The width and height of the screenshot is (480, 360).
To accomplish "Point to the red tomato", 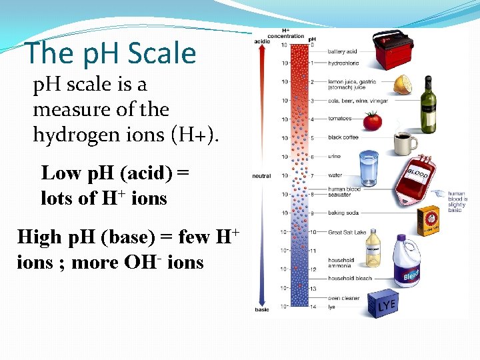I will [x=372, y=121].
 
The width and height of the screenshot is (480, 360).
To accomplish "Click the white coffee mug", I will [x=405, y=143].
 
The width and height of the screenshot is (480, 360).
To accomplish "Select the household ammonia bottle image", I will [x=373, y=246].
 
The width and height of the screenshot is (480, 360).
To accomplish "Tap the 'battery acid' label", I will [x=342, y=52].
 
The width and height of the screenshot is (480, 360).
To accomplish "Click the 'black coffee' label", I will [x=343, y=137].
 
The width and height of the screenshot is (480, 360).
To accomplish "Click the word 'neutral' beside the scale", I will [x=261, y=176].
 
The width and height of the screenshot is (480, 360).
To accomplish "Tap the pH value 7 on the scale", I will [x=312, y=176].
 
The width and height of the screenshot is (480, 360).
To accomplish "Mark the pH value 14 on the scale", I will [x=313, y=307].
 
